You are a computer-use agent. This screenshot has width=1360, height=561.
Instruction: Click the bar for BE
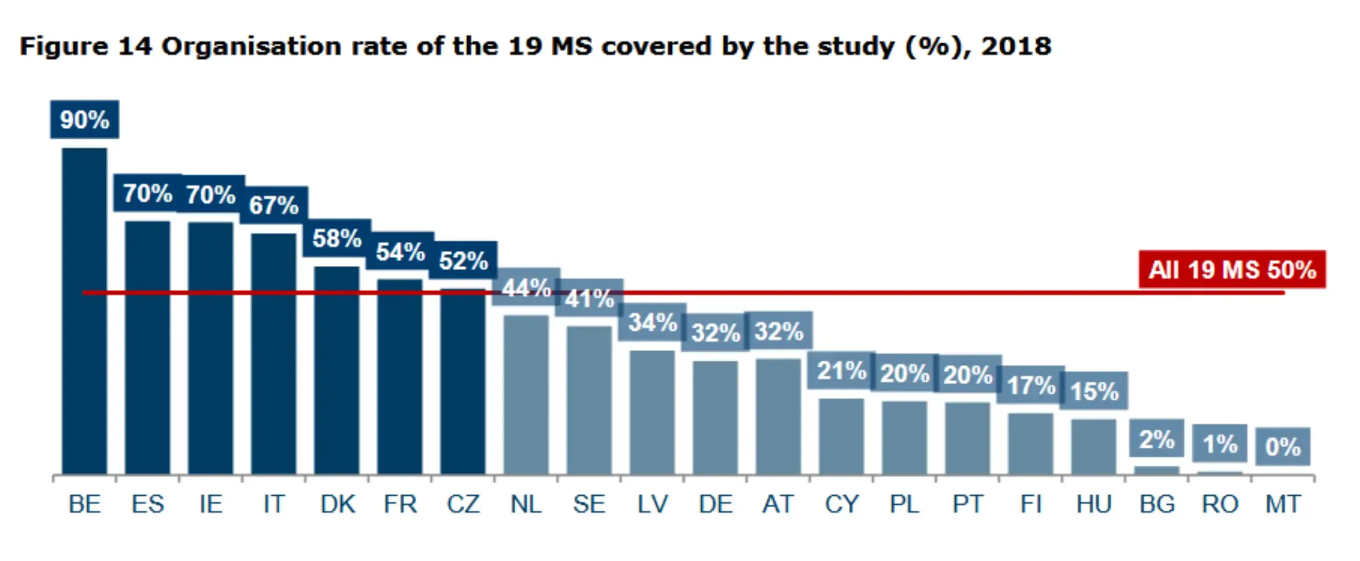point(84,312)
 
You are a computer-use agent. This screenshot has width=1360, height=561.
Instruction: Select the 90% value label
point(84,120)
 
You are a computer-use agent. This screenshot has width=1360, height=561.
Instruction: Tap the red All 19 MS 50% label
point(1232,270)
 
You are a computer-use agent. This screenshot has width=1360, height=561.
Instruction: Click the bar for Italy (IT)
point(274,354)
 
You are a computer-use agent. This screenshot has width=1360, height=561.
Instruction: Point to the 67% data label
point(274,205)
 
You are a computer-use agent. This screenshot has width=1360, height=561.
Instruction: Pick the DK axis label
point(337,504)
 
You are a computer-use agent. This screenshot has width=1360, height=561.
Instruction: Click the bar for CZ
point(463,382)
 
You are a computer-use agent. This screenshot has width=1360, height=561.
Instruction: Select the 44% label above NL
point(526,287)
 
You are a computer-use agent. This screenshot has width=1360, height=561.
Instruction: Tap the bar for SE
point(589,400)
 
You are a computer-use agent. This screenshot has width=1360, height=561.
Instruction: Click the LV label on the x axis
point(652,504)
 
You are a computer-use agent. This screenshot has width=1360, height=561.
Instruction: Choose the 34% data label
point(652,322)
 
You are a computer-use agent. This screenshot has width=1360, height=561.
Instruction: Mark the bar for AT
point(778,416)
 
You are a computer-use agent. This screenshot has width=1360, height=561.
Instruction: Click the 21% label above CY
point(841,370)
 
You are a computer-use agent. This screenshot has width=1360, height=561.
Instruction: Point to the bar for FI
point(1030,444)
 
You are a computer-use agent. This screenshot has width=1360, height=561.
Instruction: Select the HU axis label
point(1093,504)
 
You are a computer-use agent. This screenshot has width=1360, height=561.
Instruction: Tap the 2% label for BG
point(1156,440)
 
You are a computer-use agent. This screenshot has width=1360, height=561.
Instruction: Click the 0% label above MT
point(1283,446)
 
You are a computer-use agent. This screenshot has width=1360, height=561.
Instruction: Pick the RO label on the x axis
point(1219,504)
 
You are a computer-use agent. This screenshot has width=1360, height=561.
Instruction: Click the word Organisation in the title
point(251,47)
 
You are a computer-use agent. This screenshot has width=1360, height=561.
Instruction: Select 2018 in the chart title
point(1016,47)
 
